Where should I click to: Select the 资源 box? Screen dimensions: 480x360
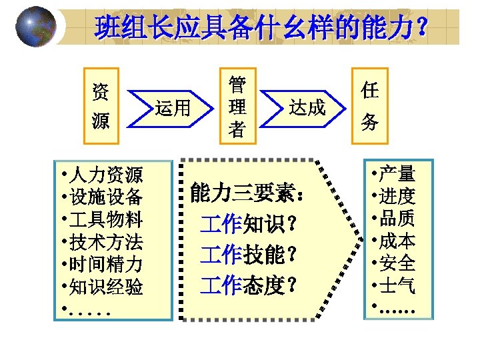[101, 105]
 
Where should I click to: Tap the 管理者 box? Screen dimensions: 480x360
[237, 105]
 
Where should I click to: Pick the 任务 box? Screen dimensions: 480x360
[370, 105]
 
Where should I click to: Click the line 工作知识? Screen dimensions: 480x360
[248, 223]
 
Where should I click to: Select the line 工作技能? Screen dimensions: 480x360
[248, 254]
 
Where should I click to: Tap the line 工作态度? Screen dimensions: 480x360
[248, 285]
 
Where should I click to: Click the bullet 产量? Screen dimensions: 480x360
[397, 175]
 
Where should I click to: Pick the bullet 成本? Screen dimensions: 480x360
[397, 241]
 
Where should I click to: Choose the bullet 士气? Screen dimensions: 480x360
[397, 286]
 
